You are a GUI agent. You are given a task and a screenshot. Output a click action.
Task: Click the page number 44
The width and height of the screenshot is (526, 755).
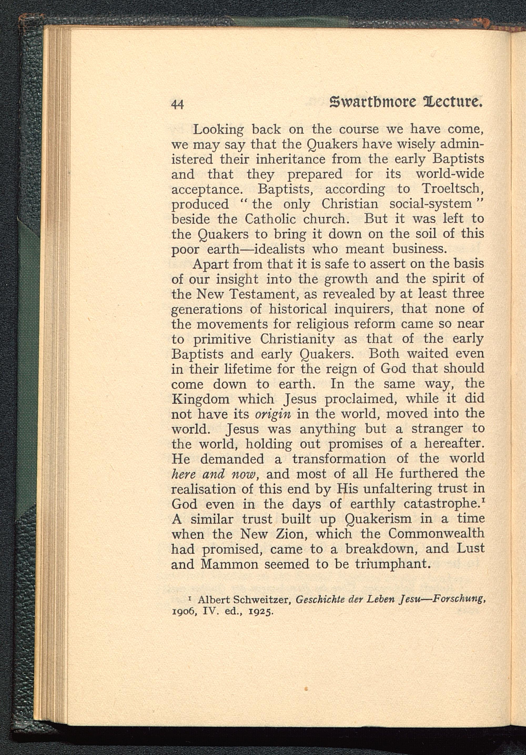(177, 104)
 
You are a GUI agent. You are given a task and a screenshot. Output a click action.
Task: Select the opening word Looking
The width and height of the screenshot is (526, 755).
(218, 130)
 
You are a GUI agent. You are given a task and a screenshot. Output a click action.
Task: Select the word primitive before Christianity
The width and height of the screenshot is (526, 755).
(222, 339)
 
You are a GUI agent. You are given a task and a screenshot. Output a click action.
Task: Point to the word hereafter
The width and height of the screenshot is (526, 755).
(454, 444)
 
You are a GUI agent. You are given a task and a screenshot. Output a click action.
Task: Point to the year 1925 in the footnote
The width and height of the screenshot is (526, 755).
(261, 613)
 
